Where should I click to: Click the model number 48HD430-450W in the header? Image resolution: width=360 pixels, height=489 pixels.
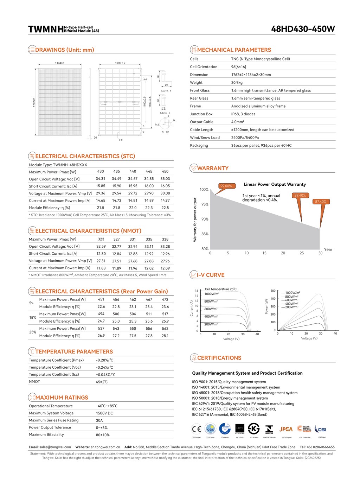pos(303,29)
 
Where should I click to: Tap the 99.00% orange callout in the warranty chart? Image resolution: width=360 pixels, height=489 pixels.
pos(226,186)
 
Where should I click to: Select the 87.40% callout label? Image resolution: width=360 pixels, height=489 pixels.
pos(321,202)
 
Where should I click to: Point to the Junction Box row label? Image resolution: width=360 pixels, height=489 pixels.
pos(201,114)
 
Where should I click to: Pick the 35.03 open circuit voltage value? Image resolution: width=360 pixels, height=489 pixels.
pos(165,179)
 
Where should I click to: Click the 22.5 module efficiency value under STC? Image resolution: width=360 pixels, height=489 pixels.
pos(165,208)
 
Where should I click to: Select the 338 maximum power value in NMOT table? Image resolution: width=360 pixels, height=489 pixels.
pos(165,239)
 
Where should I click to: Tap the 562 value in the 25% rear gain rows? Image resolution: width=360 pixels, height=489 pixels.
pos(165,329)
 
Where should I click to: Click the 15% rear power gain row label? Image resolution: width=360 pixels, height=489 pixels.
pos(33,317)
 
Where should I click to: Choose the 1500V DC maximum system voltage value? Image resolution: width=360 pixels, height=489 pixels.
pos(104,413)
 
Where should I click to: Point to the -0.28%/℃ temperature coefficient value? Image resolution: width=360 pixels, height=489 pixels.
pos(104,360)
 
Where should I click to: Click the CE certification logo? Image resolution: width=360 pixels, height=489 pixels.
pos(196,429)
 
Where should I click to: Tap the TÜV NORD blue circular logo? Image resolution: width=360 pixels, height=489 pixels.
pos(225,429)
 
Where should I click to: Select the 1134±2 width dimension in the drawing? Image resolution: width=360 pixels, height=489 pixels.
pos(59,63)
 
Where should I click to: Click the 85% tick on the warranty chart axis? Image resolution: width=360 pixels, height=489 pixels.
pos(205,234)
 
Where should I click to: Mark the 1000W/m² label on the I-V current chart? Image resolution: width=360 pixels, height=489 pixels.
pos(212,294)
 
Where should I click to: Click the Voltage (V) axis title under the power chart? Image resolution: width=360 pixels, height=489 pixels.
pos(309,338)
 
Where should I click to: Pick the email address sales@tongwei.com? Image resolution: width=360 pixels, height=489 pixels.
pos(55,447)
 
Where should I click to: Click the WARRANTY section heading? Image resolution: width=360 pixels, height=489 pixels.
pos(213,168)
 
